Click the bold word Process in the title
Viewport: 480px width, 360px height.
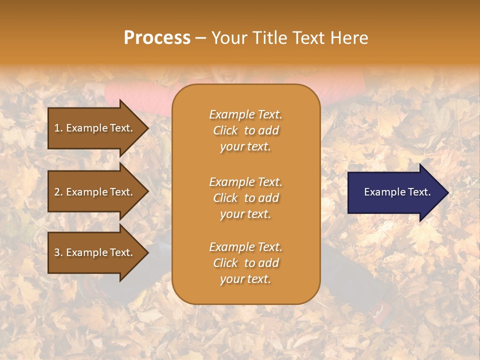click(x=157, y=38)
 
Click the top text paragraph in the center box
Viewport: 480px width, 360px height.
click(x=245, y=130)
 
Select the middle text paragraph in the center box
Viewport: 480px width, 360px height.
click(x=245, y=198)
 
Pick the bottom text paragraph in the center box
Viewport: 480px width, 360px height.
click(x=245, y=263)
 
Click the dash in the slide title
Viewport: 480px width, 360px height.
click(x=201, y=38)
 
